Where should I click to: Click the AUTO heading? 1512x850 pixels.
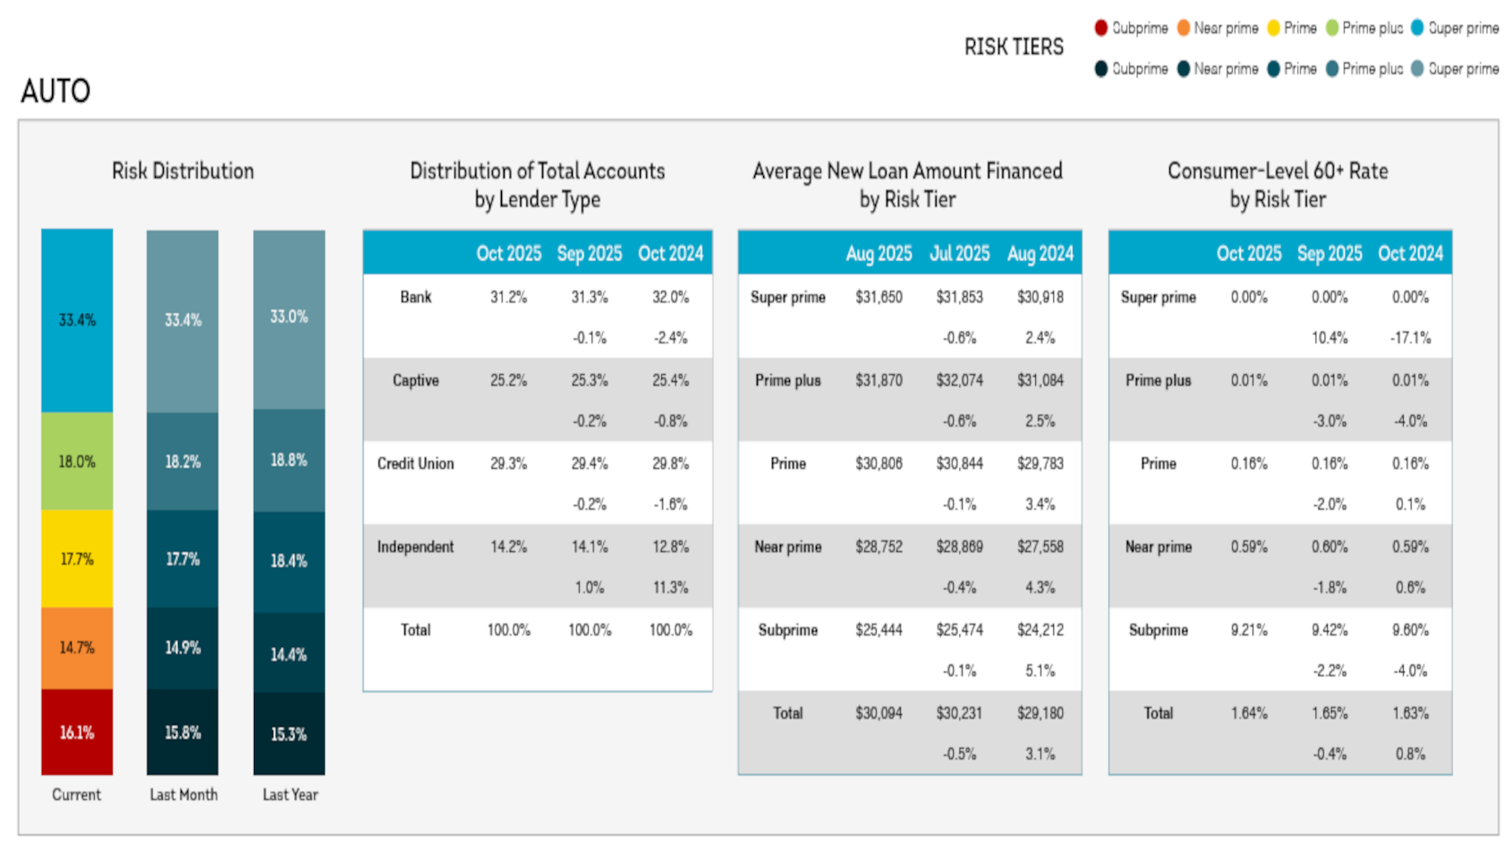pos(55,91)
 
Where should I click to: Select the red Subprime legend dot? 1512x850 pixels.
pos(1101,28)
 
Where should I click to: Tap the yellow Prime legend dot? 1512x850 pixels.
pos(1273,28)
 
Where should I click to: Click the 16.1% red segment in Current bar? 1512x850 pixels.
pos(77,733)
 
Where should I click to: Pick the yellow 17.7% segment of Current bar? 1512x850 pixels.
pos(77,559)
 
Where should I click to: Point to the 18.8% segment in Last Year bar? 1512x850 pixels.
pos(289,460)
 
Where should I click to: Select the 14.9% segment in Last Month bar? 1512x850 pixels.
pos(183,648)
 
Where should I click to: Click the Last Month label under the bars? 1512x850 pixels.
pos(183,795)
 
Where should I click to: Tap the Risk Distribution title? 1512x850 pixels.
pos(183,171)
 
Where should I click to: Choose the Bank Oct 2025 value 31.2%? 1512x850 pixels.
pos(508,297)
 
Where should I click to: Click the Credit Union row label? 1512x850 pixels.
pos(415,463)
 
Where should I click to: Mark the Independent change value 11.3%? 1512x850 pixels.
pos(670,588)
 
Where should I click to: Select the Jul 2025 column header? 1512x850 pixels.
pos(959,253)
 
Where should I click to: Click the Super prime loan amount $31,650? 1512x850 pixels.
pos(879,297)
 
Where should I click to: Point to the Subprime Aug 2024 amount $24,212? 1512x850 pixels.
pos(1040,630)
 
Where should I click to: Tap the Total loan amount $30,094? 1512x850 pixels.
pos(879,713)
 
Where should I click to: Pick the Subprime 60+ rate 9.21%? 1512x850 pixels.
pos(1249,630)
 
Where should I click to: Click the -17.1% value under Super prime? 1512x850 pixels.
pos(1410,338)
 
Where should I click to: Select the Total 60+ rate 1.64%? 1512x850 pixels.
pos(1249,713)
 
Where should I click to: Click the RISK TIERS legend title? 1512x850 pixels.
pos(1014,47)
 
